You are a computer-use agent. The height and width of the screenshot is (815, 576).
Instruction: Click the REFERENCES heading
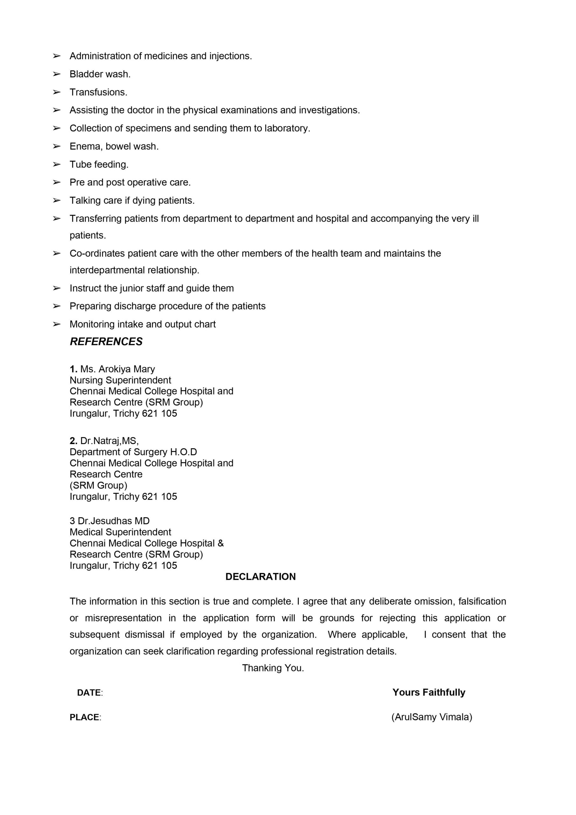click(106, 342)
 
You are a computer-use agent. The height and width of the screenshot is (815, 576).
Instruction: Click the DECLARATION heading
click(261, 577)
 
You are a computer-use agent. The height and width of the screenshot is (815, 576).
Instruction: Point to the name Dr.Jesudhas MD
click(114, 521)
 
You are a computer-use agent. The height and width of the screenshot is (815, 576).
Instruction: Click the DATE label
click(89, 692)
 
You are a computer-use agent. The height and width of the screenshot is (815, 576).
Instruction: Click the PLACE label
click(84, 717)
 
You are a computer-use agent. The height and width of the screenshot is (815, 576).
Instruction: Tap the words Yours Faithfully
click(429, 692)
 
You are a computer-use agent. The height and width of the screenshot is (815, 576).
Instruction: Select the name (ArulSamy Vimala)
click(432, 717)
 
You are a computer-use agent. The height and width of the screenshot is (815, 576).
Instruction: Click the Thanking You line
click(273, 668)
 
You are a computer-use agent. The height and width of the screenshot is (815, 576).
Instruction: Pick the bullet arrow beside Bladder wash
click(56, 74)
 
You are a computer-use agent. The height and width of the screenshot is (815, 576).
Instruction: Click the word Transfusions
click(98, 92)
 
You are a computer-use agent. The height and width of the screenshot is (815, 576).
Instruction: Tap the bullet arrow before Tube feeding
click(56, 164)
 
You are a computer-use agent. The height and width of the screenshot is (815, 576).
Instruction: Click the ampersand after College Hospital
click(221, 543)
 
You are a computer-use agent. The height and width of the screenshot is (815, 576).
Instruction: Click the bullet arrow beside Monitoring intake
click(56, 324)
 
